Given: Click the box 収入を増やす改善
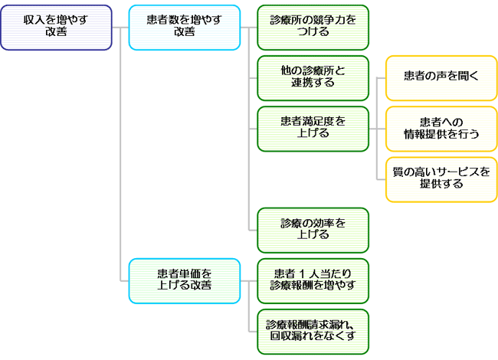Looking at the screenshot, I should coord(56,27).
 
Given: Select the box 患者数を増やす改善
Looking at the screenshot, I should coord(184,27).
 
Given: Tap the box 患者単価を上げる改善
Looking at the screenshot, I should coord(184,280).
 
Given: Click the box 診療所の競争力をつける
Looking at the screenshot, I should coord(313,27).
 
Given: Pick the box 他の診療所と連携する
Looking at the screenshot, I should coord(313,77).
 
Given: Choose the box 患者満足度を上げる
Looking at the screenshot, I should coord(313,128).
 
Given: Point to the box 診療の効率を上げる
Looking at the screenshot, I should coord(313,229).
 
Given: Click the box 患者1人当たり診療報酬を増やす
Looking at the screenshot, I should coord(313,280).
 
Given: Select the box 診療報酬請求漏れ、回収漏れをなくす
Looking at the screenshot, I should coord(313,330).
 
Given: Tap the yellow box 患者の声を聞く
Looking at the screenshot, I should coord(441,77).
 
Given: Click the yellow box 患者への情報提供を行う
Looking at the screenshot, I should coord(441,128).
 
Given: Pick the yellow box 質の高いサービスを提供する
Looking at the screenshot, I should coord(441,178).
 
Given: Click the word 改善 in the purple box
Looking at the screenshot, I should coord(56,33).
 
